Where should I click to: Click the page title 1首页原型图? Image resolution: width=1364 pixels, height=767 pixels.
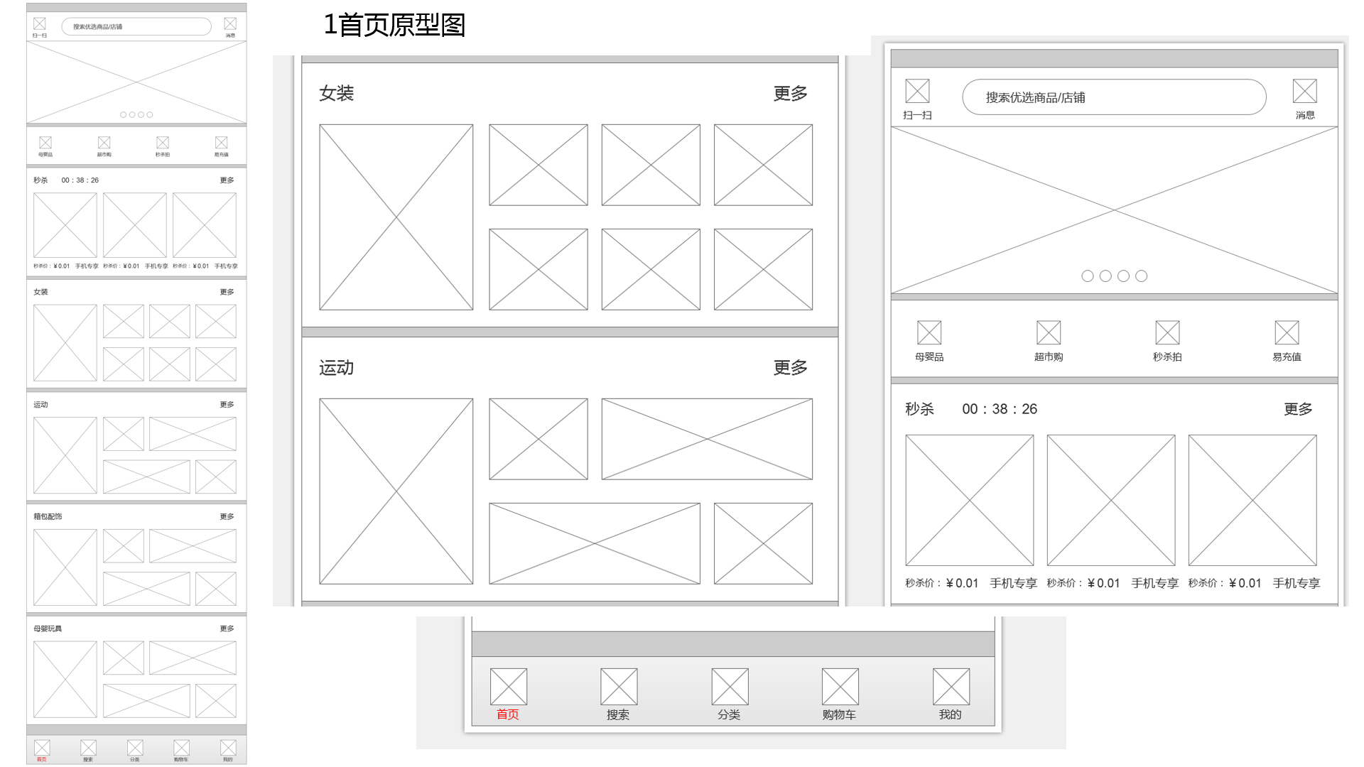394,25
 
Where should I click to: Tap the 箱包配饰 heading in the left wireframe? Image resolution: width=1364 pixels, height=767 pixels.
48,516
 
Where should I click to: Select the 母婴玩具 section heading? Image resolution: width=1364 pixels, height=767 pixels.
48,629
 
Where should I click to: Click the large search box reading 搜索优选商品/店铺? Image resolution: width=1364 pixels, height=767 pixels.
1113,97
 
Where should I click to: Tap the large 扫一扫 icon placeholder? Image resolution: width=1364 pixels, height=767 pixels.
917,92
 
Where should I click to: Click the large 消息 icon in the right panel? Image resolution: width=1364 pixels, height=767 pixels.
1304,92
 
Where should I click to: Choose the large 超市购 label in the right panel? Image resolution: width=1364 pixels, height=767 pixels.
1048,357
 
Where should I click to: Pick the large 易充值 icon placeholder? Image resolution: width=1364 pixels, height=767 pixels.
1287,332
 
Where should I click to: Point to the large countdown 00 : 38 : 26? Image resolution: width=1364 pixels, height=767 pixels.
1000,409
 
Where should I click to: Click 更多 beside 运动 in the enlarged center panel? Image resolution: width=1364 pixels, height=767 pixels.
790,368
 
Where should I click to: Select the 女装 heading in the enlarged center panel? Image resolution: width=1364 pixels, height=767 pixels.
336,93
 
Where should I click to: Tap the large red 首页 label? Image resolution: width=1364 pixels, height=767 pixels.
507,714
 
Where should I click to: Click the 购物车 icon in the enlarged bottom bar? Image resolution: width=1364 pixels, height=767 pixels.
840,687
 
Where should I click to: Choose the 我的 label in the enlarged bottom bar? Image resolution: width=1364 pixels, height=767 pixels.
950,714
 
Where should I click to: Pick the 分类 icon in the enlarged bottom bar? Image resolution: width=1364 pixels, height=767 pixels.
730,687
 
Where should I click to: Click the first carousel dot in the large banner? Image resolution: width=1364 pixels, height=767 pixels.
1087,276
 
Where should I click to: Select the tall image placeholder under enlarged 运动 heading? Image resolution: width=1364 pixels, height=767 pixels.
396,491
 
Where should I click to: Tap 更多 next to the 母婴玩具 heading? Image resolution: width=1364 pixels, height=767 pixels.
227,629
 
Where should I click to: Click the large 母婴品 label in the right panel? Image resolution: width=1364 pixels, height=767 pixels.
929,357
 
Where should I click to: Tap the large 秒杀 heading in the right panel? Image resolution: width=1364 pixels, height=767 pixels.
919,409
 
